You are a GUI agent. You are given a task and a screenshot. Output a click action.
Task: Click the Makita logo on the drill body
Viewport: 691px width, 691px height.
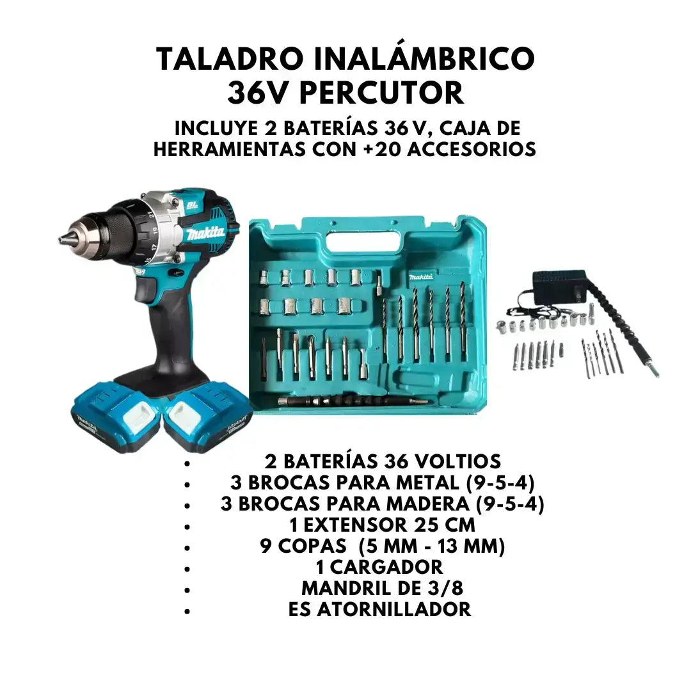(x=205, y=234)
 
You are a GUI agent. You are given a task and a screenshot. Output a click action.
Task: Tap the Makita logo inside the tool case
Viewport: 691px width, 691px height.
(x=421, y=276)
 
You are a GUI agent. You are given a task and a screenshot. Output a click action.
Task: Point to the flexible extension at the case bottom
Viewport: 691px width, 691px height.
(x=353, y=401)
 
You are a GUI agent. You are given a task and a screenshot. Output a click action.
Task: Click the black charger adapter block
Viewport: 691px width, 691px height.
(x=559, y=287)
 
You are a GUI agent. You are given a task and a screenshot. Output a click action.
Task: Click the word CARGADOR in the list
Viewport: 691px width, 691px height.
(x=386, y=567)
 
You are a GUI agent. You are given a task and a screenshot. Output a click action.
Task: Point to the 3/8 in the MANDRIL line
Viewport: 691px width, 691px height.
(x=445, y=589)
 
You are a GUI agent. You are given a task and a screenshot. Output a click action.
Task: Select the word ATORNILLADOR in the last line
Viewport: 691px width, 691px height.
(x=394, y=610)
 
